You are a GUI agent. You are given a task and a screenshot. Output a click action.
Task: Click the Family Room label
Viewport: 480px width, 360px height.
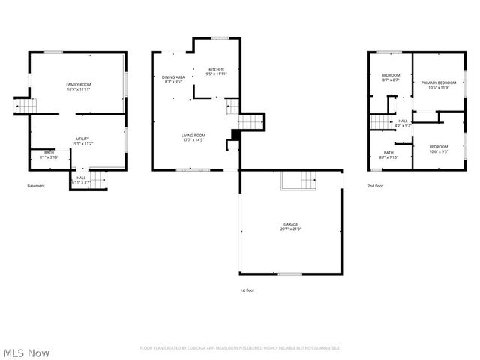pos(78,84)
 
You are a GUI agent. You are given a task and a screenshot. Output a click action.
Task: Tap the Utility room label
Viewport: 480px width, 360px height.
pos(82,139)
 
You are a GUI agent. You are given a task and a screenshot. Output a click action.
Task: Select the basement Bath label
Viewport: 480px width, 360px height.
pos(46,153)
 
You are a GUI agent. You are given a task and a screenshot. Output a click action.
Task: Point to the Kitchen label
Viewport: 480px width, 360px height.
pos(216,69)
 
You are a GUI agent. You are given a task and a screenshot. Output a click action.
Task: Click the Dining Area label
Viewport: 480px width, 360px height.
pos(172,77)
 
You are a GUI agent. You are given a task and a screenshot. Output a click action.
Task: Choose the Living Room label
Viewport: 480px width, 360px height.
pos(193,136)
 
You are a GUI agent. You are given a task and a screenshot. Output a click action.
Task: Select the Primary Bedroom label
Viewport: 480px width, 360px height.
pos(438,82)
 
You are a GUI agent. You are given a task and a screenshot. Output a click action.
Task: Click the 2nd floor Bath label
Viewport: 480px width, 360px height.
pos(388,153)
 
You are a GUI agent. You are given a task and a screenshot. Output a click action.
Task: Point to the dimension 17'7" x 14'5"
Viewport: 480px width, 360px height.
pos(193,140)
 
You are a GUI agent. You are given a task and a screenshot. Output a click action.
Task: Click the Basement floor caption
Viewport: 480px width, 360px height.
pos(36,186)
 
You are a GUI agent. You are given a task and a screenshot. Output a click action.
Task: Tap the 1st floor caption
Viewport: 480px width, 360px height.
pos(246,289)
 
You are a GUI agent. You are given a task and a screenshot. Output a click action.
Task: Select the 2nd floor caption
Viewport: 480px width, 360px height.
pos(375,186)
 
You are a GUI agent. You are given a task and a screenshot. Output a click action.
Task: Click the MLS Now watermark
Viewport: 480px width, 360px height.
pos(26,352)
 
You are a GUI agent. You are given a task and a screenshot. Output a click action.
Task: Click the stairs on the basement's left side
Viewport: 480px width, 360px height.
pos(27,106)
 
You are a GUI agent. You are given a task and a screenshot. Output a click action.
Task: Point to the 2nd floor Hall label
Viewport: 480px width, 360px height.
pos(403,121)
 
